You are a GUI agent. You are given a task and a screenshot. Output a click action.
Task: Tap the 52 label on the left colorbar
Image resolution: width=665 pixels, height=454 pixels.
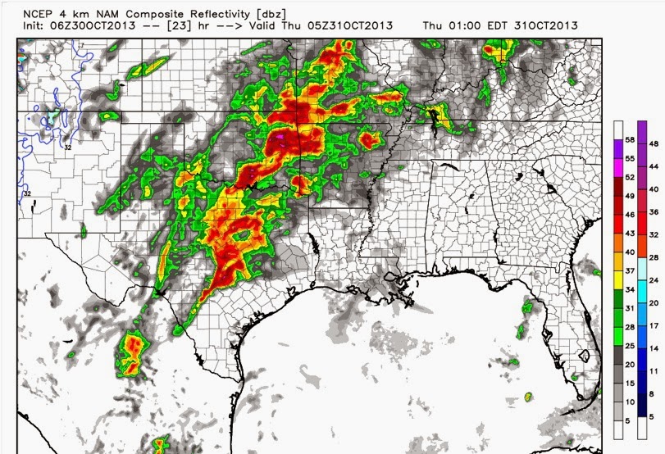pyautogui.click(x=630, y=177)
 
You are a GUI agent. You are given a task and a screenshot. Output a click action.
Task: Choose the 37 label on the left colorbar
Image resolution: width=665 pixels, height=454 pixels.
pyautogui.click(x=630, y=270)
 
